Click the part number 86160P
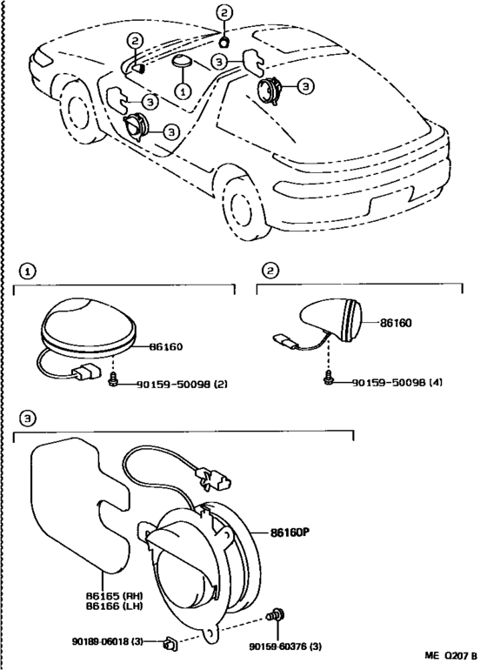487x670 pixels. point(290,533)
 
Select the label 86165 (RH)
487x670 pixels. point(115,596)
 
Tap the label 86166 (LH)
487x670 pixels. point(115,606)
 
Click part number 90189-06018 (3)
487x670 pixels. point(107,642)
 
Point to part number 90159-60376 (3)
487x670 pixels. point(285,647)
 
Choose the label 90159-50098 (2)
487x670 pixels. point(182,384)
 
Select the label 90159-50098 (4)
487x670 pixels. point(397,382)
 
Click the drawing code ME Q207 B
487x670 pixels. point(450,655)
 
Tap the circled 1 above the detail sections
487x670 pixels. point(28,271)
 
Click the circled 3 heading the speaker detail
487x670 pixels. point(28,419)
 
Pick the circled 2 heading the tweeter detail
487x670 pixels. point(270,270)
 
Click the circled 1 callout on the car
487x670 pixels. point(183,90)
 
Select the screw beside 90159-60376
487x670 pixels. point(277,616)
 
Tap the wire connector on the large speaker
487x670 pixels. point(214,479)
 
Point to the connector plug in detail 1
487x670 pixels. point(87,372)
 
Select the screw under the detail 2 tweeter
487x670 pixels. point(328,376)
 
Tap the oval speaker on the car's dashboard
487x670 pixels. point(182,61)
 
